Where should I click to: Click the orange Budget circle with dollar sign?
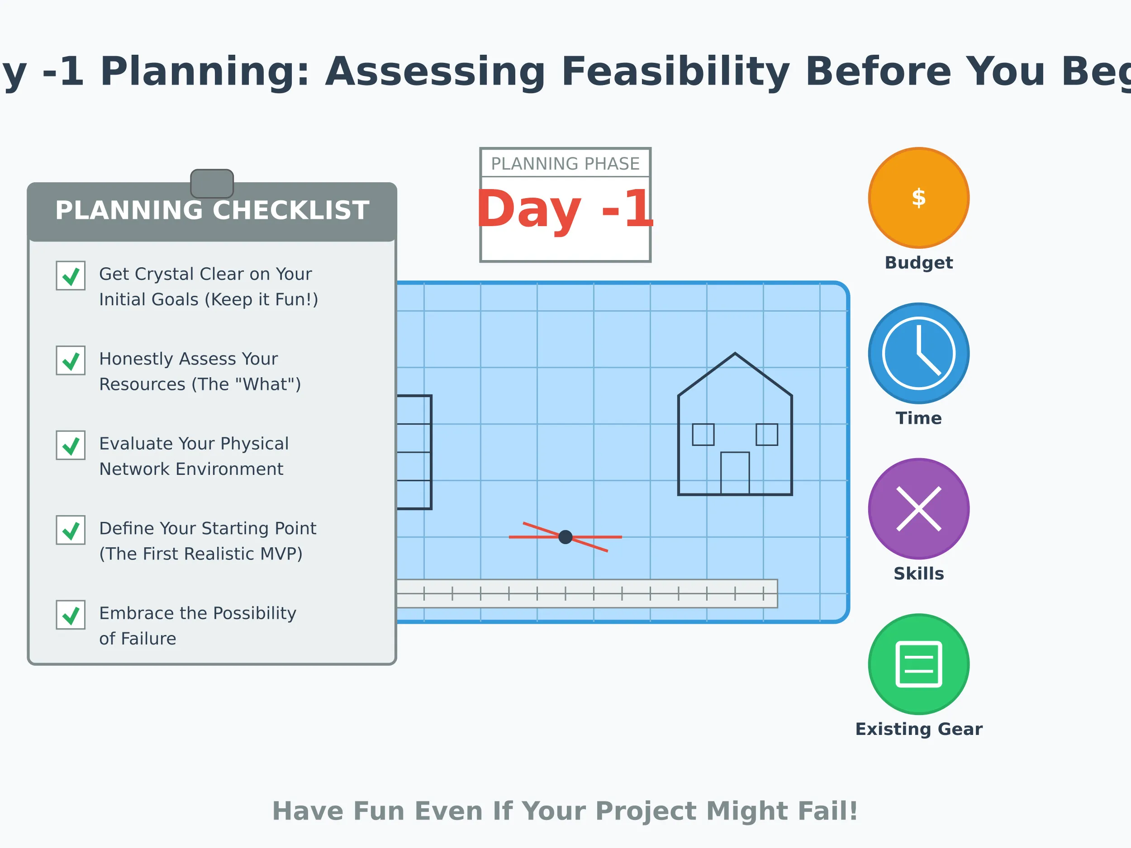(919, 198)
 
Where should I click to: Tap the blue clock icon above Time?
(919, 353)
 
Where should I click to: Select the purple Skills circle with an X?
(919, 509)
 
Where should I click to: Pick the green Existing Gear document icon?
(919, 664)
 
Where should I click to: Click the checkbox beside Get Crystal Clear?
(71, 275)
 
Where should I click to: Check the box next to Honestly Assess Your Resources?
(71, 360)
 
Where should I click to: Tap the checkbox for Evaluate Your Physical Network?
(71, 445)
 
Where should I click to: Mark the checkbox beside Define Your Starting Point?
(71, 530)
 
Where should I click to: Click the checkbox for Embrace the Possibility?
(71, 615)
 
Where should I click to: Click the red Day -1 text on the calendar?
(565, 209)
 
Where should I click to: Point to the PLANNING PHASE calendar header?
(565, 164)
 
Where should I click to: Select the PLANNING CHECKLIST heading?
(212, 211)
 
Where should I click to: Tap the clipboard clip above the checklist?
(212, 183)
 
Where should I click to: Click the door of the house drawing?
(735, 474)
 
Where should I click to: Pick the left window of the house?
(703, 435)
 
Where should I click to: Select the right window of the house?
(766, 435)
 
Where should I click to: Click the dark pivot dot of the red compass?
(565, 537)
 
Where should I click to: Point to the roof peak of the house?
(735, 354)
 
